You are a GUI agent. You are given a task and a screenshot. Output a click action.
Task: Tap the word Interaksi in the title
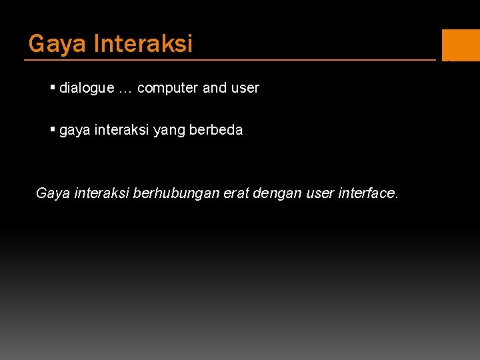tap(143, 44)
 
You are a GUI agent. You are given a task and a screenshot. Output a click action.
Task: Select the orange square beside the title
tap(461, 45)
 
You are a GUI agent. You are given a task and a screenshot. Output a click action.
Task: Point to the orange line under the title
tap(230, 60)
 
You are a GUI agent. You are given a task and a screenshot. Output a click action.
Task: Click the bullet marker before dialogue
tap(53, 87)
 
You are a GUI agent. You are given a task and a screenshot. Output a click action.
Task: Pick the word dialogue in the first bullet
tap(87, 88)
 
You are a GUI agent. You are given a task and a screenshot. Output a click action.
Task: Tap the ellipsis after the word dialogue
tap(125, 89)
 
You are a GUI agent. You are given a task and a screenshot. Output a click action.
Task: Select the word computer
tap(168, 88)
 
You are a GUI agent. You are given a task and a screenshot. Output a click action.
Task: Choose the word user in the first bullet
tap(245, 88)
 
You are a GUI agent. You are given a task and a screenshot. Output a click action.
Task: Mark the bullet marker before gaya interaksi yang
tap(53, 129)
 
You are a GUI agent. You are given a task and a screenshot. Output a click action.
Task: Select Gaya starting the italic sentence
tap(52, 194)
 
